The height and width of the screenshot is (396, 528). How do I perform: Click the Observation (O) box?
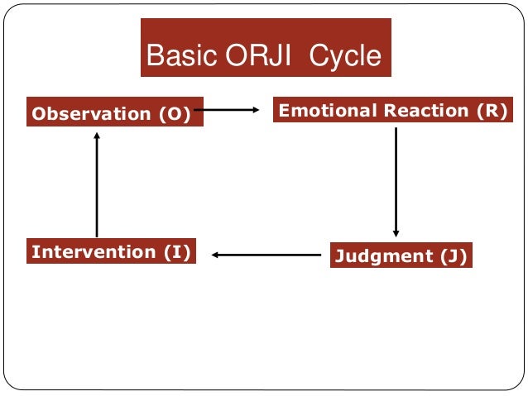[115, 114]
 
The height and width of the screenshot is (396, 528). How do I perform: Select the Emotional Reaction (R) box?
[393, 111]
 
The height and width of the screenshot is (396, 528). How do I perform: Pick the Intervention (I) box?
[112, 251]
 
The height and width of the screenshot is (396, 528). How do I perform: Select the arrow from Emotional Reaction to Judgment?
[396, 182]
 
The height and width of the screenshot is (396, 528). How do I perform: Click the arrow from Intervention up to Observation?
[97, 186]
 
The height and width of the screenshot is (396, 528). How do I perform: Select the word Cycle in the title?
[346, 56]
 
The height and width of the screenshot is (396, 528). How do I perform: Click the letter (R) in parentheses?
[492, 111]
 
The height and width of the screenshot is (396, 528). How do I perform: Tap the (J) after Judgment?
[452, 256]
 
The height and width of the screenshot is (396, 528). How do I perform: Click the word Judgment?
[384, 256]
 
